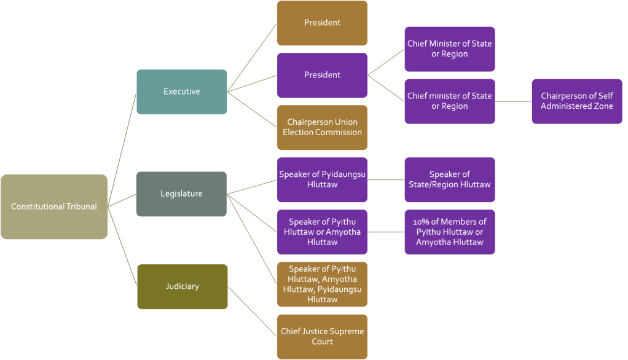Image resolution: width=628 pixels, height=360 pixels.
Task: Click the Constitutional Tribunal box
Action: pos(54,206)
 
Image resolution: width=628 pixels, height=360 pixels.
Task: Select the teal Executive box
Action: pos(182,92)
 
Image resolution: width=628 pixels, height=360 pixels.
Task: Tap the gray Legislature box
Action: pos(182,194)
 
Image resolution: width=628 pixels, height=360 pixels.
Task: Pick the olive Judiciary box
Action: pos(182,286)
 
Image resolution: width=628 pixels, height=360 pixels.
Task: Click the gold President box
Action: pos(322,23)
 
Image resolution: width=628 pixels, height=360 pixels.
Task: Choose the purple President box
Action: pos(322,75)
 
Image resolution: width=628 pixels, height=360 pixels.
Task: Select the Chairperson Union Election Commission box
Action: pos(322,127)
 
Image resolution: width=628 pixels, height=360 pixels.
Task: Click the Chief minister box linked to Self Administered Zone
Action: pos(449,101)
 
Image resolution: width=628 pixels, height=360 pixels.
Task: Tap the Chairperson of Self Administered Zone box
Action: pos(576,101)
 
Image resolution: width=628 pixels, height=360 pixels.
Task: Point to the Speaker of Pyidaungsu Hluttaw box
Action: pos(322,179)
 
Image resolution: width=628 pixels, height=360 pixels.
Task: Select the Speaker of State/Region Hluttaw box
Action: pos(449,179)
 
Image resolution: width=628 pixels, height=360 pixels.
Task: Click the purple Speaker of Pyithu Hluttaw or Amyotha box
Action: pos(322,232)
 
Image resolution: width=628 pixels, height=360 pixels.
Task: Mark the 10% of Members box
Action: pos(449,232)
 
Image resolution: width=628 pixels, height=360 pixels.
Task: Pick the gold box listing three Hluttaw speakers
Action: pos(322,284)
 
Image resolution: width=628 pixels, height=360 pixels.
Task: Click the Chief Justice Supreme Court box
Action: pos(322,336)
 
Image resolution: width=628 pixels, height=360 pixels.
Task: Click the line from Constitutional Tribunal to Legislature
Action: pos(122,200)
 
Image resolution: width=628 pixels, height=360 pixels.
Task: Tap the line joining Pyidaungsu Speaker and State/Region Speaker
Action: pos(386,179)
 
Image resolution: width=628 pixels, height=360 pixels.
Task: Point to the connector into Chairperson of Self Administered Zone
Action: pos(513,101)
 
